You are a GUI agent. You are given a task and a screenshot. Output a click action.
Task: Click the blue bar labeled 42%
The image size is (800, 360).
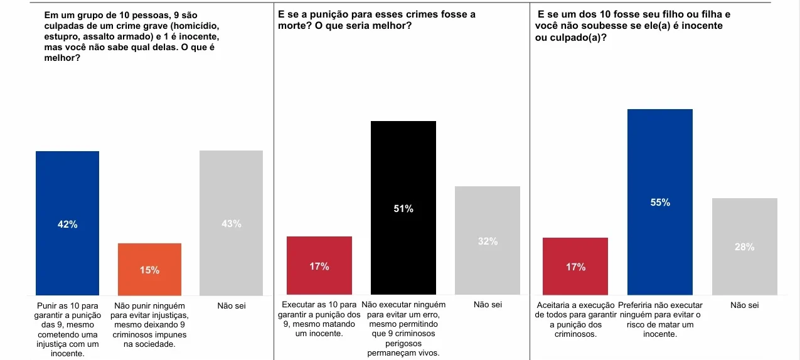pyautogui.click(x=67, y=188)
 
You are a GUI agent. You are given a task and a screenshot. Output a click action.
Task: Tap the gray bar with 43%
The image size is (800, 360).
pyautogui.click(x=231, y=188)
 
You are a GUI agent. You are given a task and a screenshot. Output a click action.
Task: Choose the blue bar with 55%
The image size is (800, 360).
pyautogui.click(x=659, y=157)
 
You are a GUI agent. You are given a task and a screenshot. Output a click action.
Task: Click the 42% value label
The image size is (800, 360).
pyautogui.click(x=67, y=225)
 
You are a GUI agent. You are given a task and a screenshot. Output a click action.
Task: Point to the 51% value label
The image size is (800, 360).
pyautogui.click(x=403, y=209)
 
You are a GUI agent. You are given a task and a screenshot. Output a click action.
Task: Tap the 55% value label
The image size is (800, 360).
pyautogui.click(x=660, y=203)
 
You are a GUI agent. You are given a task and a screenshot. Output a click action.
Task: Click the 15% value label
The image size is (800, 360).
pyautogui.click(x=149, y=270)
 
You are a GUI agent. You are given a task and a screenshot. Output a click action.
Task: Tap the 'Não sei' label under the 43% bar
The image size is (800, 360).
pyautogui.click(x=231, y=305)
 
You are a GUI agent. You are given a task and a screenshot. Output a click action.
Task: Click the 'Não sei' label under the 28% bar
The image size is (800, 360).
pyautogui.click(x=745, y=305)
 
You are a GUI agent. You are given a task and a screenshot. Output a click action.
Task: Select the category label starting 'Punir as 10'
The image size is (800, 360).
pyautogui.click(x=67, y=329)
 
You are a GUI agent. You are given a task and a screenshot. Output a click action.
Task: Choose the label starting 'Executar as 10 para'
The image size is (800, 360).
pyautogui.click(x=319, y=319)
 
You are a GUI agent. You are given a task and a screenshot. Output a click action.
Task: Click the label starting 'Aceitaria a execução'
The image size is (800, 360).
pyautogui.click(x=575, y=319)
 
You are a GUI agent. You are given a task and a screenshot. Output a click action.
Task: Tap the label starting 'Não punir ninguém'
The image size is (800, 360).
pyautogui.click(x=149, y=324)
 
